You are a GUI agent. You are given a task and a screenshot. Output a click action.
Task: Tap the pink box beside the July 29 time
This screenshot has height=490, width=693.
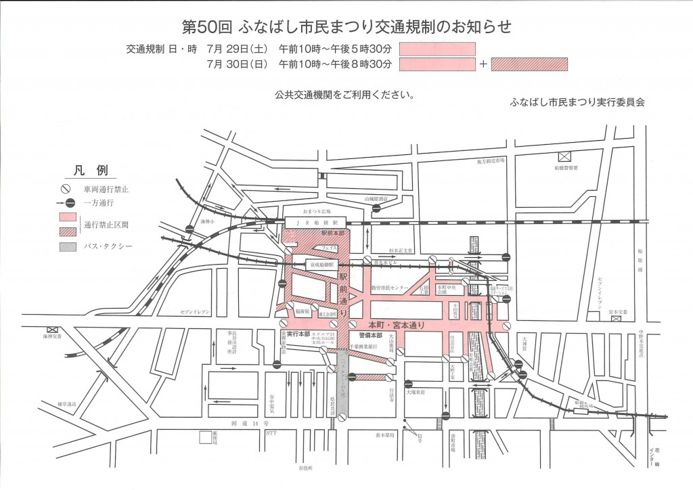click(x=437, y=49)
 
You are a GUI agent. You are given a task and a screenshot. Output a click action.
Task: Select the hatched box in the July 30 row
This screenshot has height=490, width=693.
click(x=529, y=65)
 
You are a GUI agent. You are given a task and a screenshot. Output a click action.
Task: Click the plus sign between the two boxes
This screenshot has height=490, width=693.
click(x=483, y=65)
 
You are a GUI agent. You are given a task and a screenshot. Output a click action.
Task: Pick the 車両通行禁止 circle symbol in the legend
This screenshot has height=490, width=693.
click(x=66, y=190)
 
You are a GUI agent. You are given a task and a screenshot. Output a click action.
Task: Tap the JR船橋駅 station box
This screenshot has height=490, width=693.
click(x=315, y=221)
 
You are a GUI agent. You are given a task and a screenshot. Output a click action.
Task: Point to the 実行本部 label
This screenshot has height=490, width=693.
click(x=298, y=334)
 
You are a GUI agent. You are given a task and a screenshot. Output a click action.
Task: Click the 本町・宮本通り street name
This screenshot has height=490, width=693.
click(x=399, y=324)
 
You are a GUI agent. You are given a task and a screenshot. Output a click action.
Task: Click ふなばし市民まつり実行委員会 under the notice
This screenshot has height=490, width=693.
click(x=577, y=102)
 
